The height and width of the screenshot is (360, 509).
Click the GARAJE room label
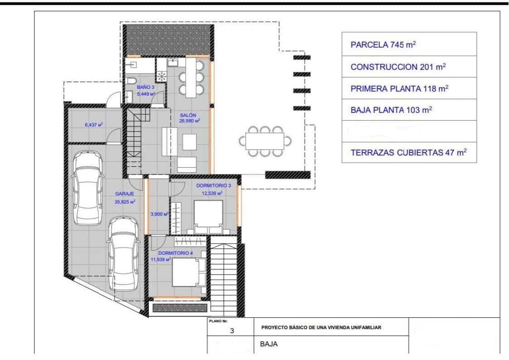pyautogui.click(x=124, y=194)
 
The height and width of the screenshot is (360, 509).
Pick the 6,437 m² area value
pyautogui.click(x=93, y=123)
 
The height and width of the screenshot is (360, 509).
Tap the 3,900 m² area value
pyautogui.click(x=160, y=214)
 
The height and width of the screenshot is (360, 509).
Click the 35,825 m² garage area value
pyautogui.click(x=125, y=202)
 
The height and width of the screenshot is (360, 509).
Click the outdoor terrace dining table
pyautogui.click(x=265, y=141)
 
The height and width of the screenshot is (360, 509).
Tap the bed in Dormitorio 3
pyautogui.click(x=208, y=215)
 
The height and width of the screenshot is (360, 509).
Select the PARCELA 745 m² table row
pyautogui.click(x=408, y=44)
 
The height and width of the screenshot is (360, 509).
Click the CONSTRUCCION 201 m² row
pyautogui.click(x=408, y=67)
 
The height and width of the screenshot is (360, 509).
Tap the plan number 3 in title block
pyautogui.click(x=232, y=331)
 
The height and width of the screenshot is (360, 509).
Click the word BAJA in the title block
pyautogui.click(x=269, y=344)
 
